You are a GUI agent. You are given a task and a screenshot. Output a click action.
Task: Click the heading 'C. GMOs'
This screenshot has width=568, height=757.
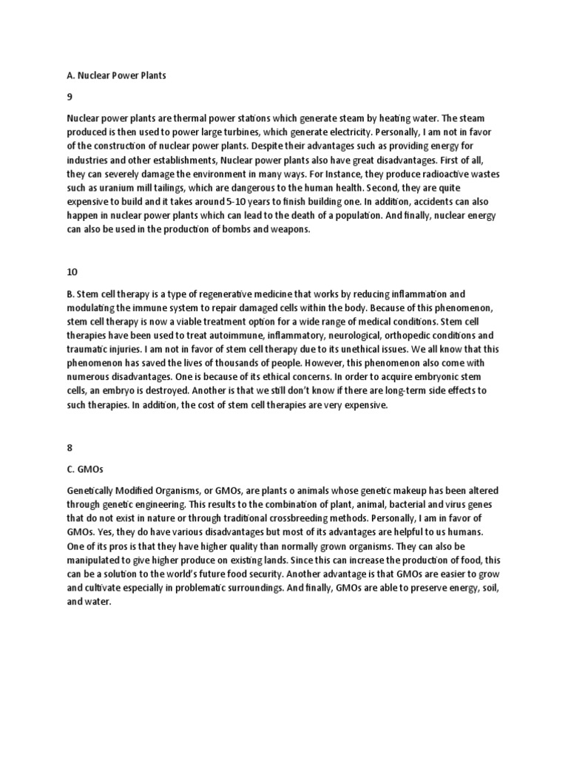point(84,467)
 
